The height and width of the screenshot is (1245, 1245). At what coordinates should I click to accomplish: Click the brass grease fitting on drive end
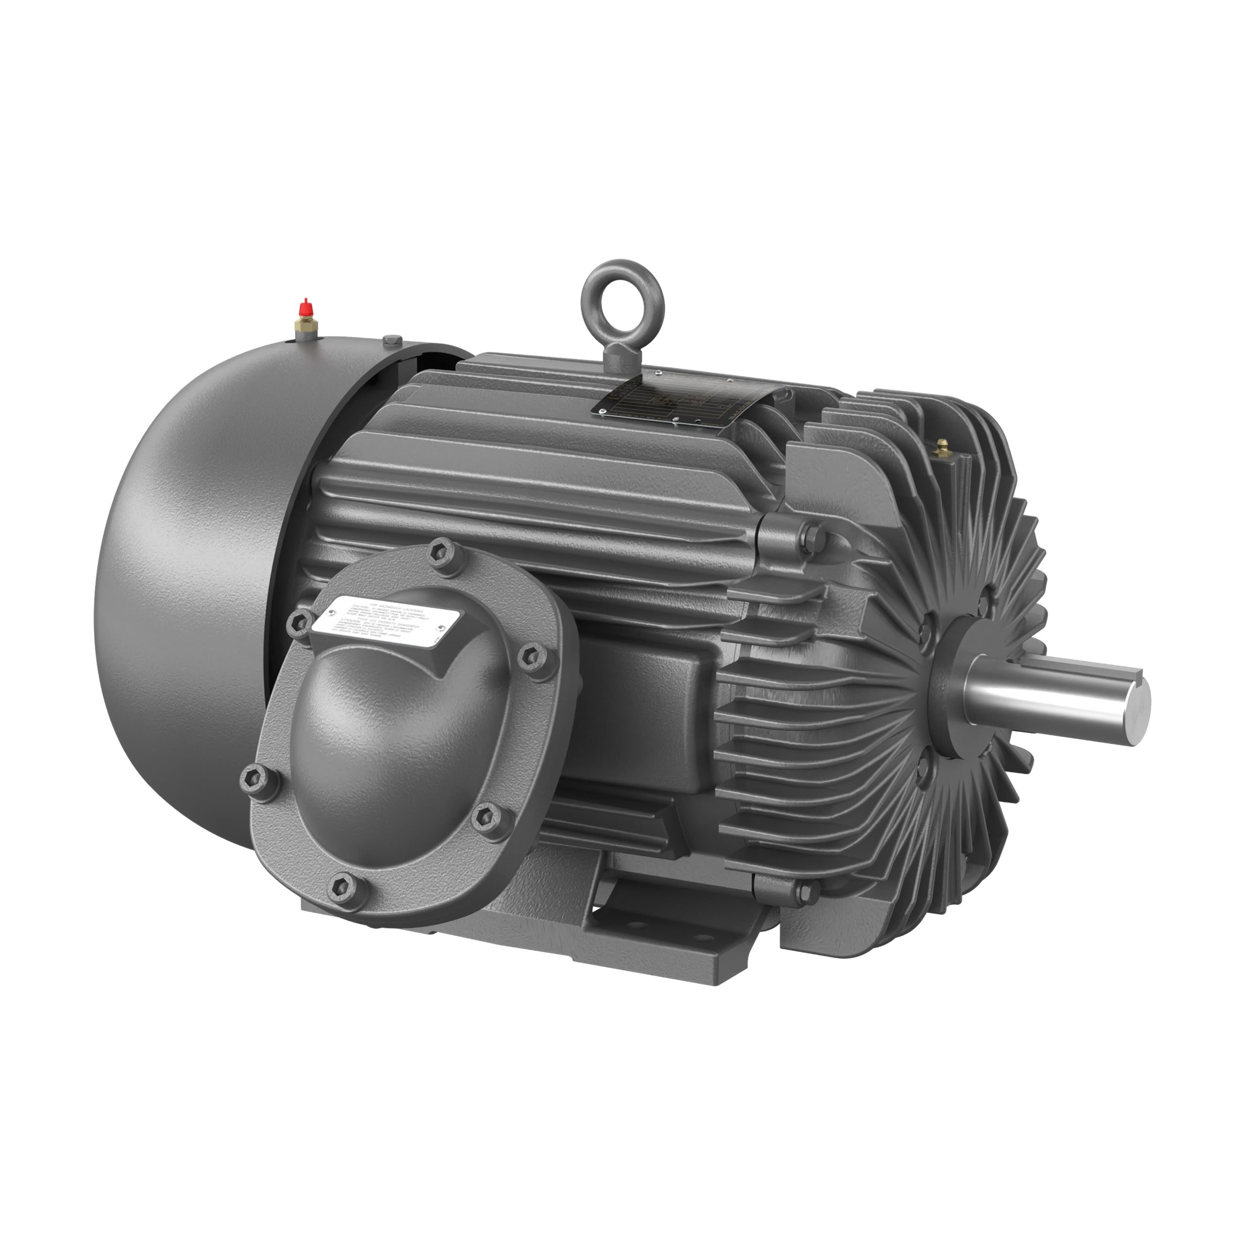(942, 447)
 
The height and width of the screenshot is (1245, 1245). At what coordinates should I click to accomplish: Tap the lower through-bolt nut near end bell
(805, 892)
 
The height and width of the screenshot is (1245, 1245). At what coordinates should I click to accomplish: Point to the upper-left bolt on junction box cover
(298, 620)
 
